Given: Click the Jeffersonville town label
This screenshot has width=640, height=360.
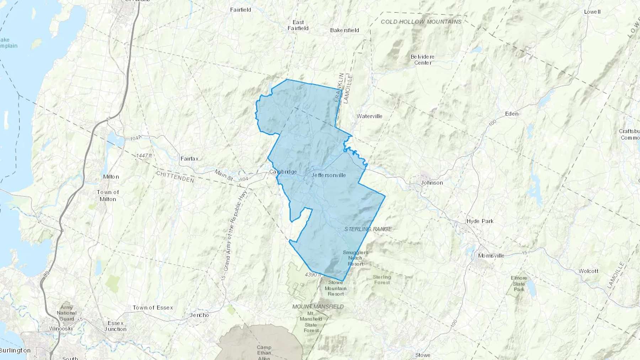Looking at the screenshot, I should point(328,175).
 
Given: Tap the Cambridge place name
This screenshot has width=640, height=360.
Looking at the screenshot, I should point(283,172).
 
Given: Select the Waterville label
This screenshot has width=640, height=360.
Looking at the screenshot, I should point(369,116).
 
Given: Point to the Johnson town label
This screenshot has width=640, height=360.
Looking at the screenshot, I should point(432,183).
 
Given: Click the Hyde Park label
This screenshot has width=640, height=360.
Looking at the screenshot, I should point(480,221).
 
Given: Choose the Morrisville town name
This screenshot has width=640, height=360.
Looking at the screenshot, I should point(491,256).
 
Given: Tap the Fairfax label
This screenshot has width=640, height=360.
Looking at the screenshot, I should point(189,158).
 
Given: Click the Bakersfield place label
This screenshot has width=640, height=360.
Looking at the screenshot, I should point(344,30).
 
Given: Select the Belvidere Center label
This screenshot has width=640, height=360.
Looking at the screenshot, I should point(422,60).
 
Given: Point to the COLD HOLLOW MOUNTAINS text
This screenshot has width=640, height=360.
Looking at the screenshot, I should point(421,22).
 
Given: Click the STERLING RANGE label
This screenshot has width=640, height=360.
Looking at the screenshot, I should point(368,229).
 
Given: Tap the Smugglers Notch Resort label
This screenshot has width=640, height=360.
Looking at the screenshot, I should point(355,258).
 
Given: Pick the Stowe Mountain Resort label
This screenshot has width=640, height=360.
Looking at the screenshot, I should point(335,288).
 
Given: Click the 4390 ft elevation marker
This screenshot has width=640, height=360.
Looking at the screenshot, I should point(313,275).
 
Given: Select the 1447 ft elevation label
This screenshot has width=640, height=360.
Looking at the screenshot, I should point(144,156).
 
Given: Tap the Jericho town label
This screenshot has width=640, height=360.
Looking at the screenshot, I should point(199,315).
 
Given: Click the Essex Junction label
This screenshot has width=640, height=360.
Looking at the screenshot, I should point(115,326).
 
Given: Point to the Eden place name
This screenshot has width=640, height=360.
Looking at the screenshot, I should point(512,114).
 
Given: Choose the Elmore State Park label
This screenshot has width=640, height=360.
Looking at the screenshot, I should point(519,284).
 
